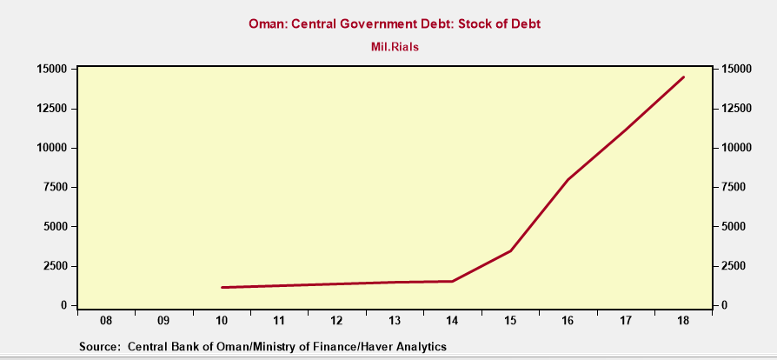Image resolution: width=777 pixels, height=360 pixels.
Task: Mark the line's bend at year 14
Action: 452,281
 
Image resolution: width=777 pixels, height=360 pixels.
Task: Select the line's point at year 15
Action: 510,250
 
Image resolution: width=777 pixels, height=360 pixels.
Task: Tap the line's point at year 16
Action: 568,180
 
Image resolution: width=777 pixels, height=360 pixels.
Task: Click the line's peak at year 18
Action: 683,77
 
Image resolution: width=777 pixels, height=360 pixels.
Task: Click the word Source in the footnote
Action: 99,346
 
